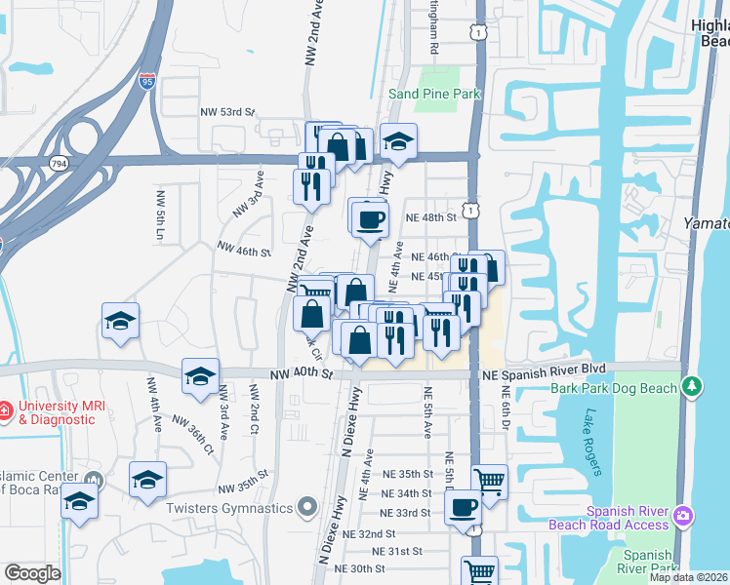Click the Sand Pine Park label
(434, 94)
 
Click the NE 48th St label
(432, 217)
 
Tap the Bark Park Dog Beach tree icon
(693, 387)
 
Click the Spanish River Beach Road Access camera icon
(683, 514)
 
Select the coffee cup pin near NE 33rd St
(463, 507)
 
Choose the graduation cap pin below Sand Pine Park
(398, 143)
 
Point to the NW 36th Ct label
(193, 435)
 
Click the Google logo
(32, 573)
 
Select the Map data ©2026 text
(688, 577)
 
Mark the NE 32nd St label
(364, 534)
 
